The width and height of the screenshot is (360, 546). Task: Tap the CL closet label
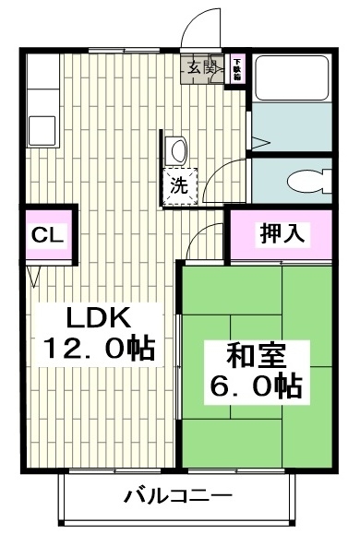click(x=47, y=234)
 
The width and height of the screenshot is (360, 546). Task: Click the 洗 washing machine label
click(x=178, y=184)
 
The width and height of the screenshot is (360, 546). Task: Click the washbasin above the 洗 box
click(x=178, y=148)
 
